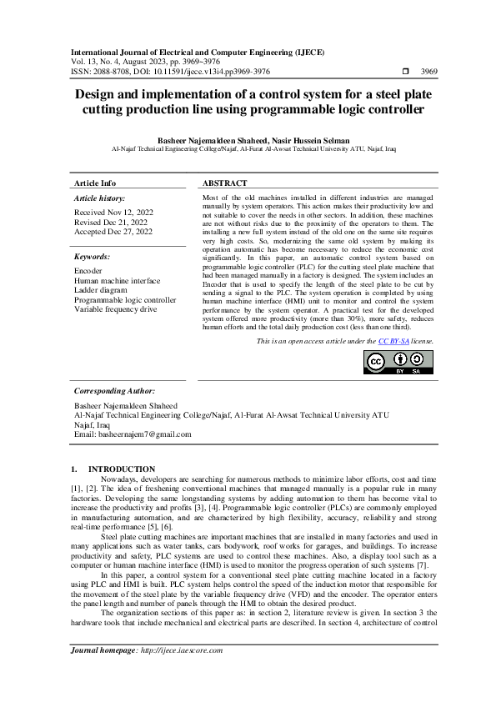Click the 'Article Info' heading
95,183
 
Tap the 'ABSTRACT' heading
225,183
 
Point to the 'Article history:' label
100,198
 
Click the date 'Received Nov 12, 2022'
113,213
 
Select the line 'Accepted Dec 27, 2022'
113,232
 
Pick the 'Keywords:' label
92,258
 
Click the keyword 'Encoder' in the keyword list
88,272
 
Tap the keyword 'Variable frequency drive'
116,308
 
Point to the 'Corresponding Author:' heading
114,390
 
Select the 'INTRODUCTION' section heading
122,469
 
